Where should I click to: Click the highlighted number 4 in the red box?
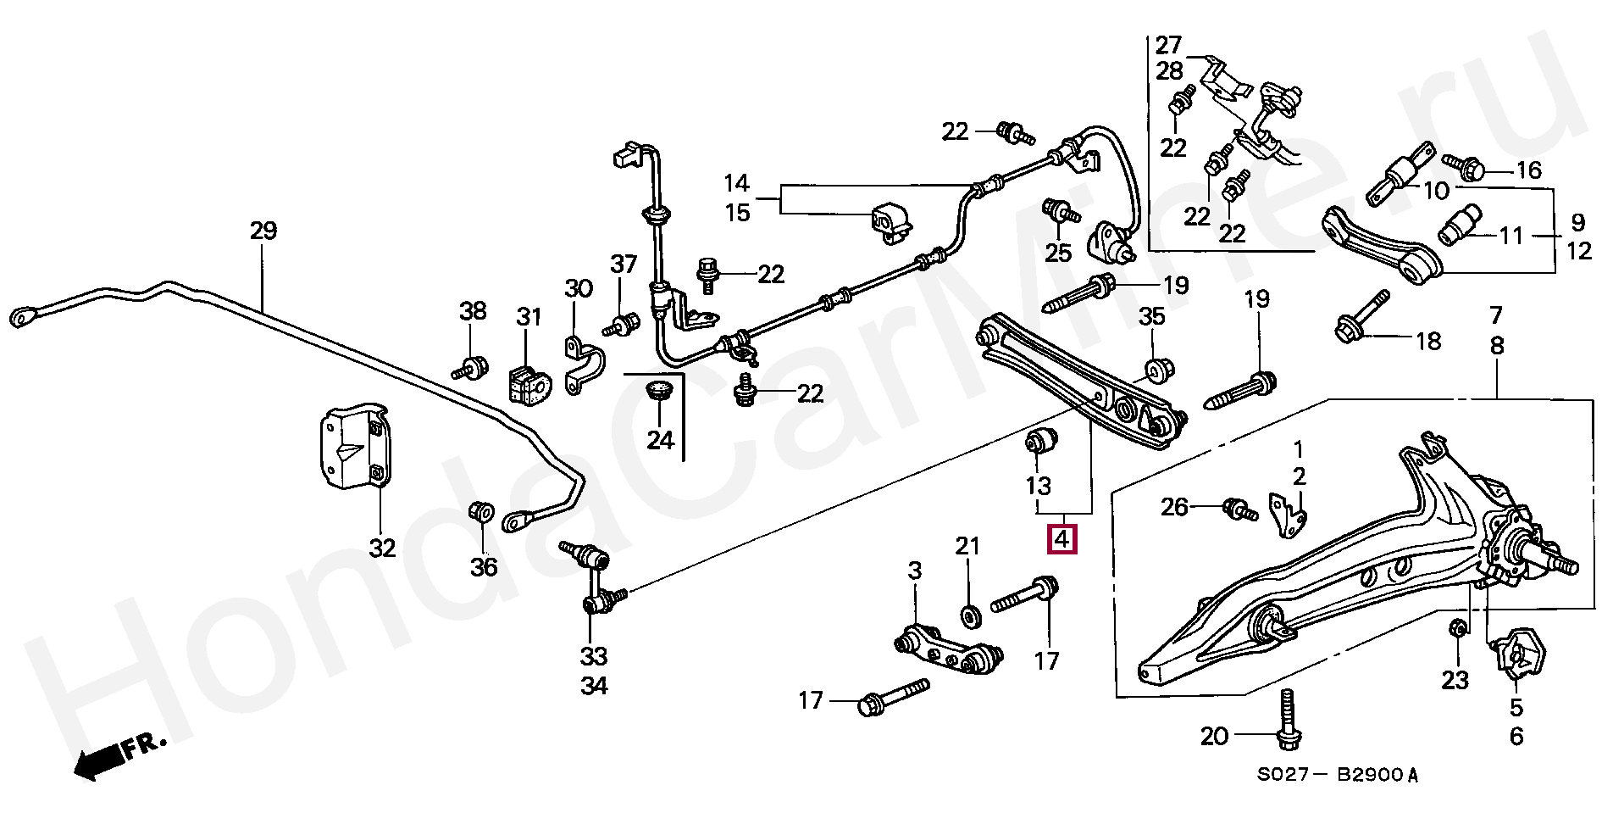[1063, 539]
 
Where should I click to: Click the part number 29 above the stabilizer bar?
[263, 231]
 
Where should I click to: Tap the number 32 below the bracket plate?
[382, 548]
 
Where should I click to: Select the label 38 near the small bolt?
[473, 311]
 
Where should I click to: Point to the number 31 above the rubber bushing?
[529, 317]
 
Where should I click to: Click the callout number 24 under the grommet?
[660, 440]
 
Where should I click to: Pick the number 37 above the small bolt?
[624, 265]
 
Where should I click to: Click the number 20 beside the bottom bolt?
[1214, 737]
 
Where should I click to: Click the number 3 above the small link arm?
[914, 571]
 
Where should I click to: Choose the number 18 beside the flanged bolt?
[1428, 341]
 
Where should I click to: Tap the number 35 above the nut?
[1151, 317]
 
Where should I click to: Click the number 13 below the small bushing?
[1039, 486]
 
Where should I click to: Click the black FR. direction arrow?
[121, 757]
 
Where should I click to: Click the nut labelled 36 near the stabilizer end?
[481, 513]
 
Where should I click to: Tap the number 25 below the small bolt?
[1058, 252]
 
